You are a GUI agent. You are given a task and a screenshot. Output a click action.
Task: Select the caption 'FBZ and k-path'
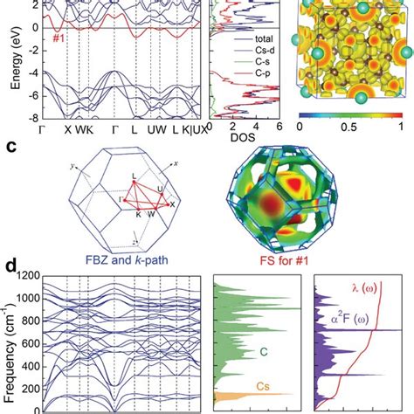[x=128, y=259]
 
